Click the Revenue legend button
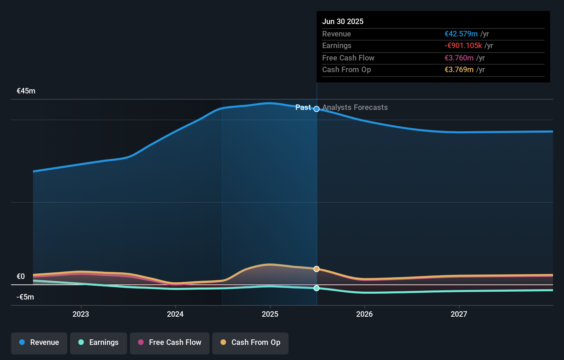pos(39,342)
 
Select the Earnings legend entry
pos(99,342)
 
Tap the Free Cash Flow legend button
pos(170,342)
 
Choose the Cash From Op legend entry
pos(250,342)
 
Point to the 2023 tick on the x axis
pos(81,314)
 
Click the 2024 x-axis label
pos(175,314)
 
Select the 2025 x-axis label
pos(270,314)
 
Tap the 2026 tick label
pos(364,314)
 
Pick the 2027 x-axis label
pos(459,314)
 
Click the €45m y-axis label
pos(26,91)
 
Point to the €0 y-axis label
pos(21,277)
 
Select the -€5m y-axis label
pos(25,297)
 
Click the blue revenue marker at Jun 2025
pos(317,109)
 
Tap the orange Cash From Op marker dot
pos(317,269)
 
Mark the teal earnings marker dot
pos(317,288)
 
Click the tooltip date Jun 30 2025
pos(343,21)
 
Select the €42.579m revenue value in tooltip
pos(461,34)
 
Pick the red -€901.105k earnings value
pos(463,46)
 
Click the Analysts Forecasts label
pos(355,108)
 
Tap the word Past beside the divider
pos(303,108)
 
